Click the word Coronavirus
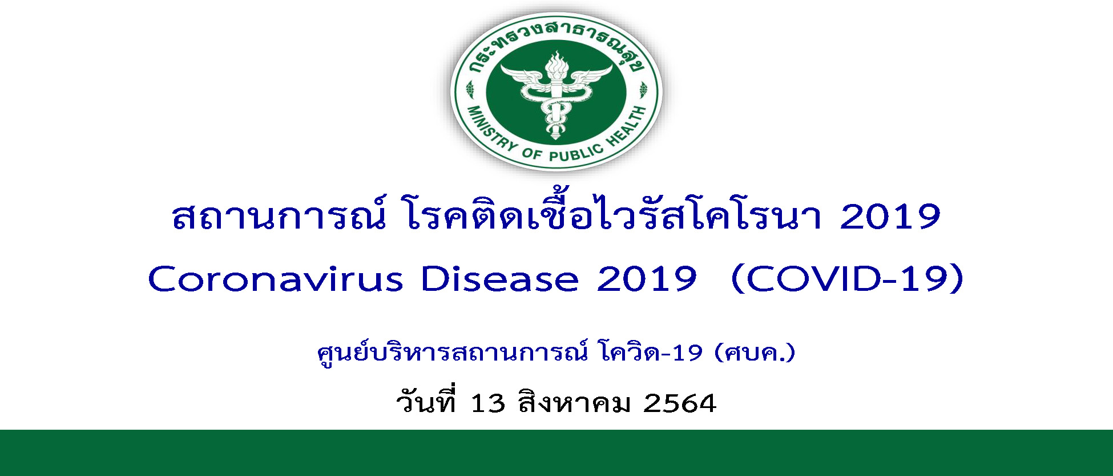276,279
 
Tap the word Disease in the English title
499,279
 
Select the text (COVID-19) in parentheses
847,279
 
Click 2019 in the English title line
647,279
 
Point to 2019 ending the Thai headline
890,217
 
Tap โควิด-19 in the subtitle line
651,353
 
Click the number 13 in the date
488,403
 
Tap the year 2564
679,403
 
